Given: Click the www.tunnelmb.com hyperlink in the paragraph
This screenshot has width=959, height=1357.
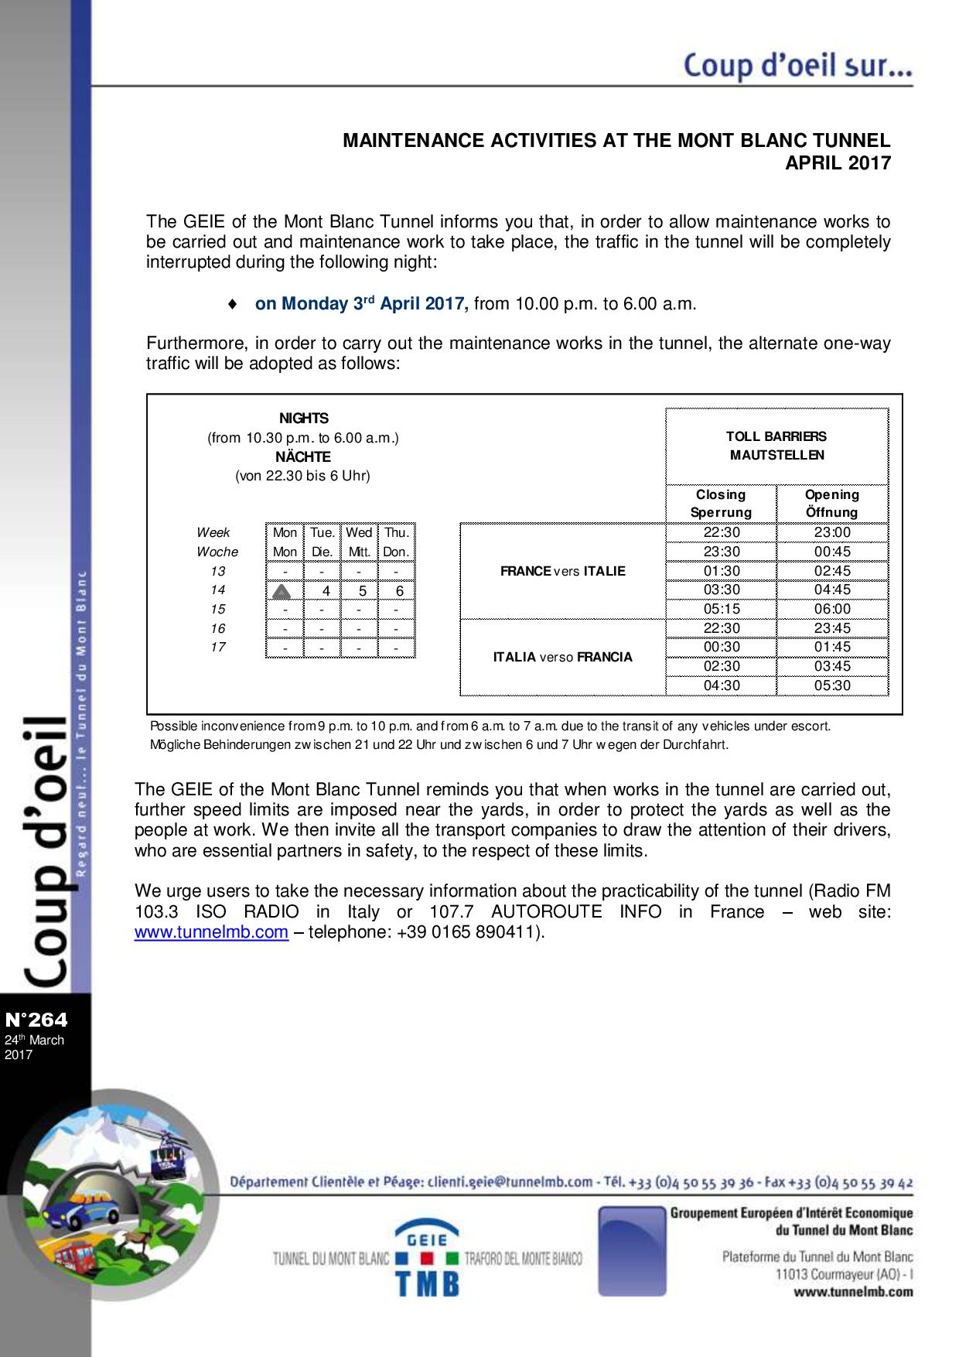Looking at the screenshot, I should pyautogui.click(x=211, y=932).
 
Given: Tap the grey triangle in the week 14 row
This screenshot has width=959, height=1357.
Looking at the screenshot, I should pyautogui.click(x=282, y=591).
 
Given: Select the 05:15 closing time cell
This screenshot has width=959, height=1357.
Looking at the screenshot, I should pyautogui.click(x=722, y=609).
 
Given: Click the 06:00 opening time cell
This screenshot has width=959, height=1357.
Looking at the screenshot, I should pyautogui.click(x=832, y=609).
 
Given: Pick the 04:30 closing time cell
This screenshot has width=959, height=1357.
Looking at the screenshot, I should pyautogui.click(x=722, y=685).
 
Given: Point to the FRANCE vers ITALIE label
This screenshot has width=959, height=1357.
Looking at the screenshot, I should pyautogui.click(x=562, y=571).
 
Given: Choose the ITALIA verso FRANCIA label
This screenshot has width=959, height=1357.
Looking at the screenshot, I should pyautogui.click(x=562, y=657).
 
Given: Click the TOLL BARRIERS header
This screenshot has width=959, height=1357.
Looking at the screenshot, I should pyautogui.click(x=776, y=436).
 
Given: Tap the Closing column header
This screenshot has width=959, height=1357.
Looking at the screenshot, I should pyautogui.click(x=721, y=494).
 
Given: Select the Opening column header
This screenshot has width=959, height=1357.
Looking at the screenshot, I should pyautogui.click(x=832, y=494).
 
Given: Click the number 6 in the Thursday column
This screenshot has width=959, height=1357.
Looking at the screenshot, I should pyautogui.click(x=399, y=591).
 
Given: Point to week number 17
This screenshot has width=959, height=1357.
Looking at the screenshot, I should pyautogui.click(x=218, y=647).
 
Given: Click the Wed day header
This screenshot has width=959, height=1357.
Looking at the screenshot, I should pyautogui.click(x=359, y=532).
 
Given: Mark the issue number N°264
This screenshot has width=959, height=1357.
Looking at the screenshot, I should pyautogui.click(x=36, y=1020).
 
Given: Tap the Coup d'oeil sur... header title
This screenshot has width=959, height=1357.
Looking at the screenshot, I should pyautogui.click(x=797, y=65).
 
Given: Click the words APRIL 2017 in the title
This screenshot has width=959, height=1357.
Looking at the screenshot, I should pyautogui.click(x=838, y=163).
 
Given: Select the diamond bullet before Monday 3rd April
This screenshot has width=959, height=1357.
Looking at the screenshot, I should pyautogui.click(x=233, y=304).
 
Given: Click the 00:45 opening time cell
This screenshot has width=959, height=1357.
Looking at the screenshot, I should pyautogui.click(x=832, y=552).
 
